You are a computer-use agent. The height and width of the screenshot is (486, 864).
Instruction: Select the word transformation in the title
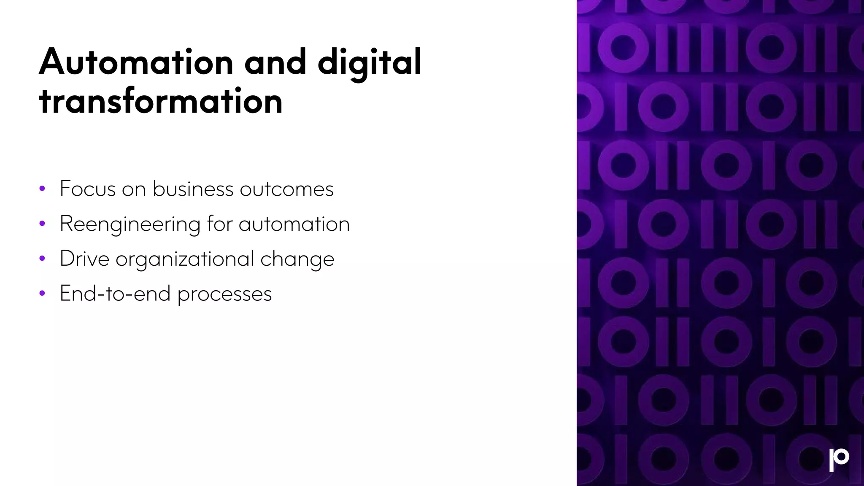coord(160,101)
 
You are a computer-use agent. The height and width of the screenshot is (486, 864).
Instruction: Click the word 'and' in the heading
coord(275,62)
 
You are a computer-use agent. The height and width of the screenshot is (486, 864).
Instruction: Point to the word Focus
coord(88,189)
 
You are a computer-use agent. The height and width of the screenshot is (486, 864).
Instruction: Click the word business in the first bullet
coord(193,189)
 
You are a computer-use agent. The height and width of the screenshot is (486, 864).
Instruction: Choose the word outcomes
coord(286,189)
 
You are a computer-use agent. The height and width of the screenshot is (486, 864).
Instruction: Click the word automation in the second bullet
coord(294,224)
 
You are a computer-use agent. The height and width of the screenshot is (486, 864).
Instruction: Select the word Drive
coord(84,259)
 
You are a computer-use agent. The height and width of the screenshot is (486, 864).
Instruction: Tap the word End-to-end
coord(115,294)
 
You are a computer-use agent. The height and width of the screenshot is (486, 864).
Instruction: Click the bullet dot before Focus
coord(42,189)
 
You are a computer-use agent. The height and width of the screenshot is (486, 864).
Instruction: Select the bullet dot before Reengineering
coord(42,224)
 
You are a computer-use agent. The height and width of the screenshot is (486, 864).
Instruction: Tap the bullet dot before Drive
coord(42,259)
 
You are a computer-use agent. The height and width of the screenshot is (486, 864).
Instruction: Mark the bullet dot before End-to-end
coord(42,294)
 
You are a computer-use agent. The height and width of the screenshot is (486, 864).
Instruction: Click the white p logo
coord(839,460)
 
